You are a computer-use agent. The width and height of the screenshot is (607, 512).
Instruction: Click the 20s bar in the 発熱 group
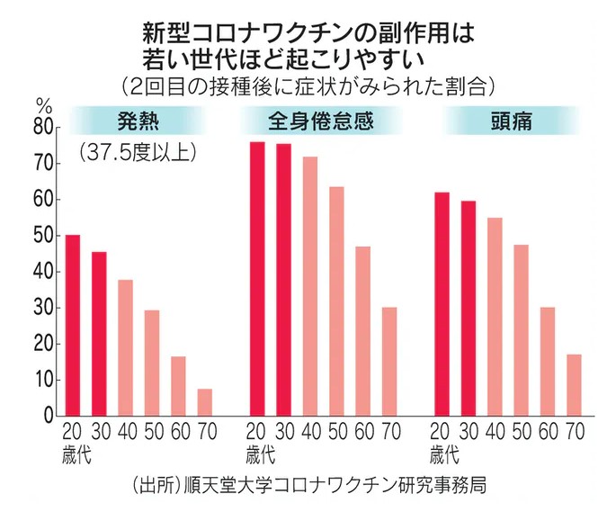click(73, 325)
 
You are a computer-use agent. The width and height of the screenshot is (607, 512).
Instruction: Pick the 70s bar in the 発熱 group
click(205, 402)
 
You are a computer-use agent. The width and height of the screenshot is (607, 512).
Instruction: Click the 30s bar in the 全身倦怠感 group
click(283, 280)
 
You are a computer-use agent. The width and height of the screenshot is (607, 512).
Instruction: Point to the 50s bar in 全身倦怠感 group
click(336, 301)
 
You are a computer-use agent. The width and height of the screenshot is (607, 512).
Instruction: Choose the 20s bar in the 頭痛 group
click(442, 304)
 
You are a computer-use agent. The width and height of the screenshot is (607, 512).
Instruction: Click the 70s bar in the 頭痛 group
click(573, 385)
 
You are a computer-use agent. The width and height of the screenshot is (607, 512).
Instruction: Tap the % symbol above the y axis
click(43, 103)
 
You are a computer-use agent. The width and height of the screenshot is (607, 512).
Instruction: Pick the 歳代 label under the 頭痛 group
click(442, 449)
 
